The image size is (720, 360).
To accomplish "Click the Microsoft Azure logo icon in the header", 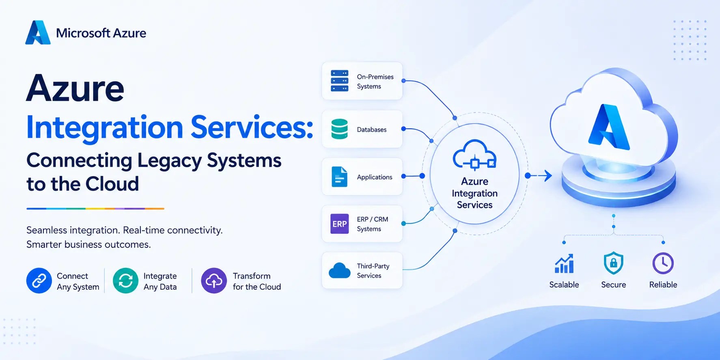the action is [x=38, y=32].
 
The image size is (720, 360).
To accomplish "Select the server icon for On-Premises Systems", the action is [x=339, y=81].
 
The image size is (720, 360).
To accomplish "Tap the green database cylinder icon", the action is [x=339, y=129].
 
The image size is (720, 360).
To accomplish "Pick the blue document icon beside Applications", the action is [x=339, y=177].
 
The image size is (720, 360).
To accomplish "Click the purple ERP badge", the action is [x=339, y=224].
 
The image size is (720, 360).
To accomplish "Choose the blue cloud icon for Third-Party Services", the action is [x=339, y=270].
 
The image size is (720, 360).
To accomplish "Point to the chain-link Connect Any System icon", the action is [x=39, y=280].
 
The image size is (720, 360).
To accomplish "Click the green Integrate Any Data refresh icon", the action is [x=125, y=280].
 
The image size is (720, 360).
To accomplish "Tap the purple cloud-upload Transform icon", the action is [x=214, y=280].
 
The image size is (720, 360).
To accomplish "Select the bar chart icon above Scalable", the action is [x=564, y=264].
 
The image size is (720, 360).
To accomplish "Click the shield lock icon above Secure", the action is [x=613, y=263].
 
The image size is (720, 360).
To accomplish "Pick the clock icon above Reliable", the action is [x=663, y=263].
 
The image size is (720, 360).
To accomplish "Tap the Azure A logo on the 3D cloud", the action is [x=608, y=127].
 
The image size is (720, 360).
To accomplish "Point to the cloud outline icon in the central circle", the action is [x=474, y=154].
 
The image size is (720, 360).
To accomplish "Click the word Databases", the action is [x=372, y=129].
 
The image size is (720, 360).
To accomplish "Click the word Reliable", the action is [x=663, y=285].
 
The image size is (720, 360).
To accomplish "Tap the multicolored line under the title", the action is [x=95, y=209].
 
